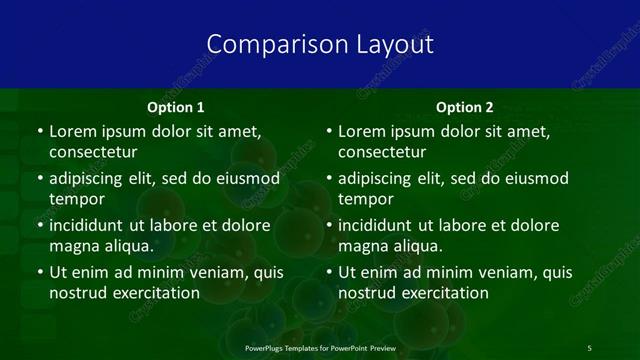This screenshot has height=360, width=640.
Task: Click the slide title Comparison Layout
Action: (x=320, y=45)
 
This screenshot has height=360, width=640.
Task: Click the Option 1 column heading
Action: (x=175, y=107)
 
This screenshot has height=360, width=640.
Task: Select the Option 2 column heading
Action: (x=465, y=107)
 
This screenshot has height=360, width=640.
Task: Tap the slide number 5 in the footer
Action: (x=589, y=347)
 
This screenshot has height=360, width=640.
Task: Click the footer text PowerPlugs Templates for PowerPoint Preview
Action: (x=320, y=347)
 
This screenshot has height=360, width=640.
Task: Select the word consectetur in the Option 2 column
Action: (x=383, y=153)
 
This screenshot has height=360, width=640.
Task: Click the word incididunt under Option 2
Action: (x=378, y=225)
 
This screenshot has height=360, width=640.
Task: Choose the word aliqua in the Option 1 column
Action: (x=125, y=246)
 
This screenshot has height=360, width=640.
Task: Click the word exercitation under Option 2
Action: (x=442, y=293)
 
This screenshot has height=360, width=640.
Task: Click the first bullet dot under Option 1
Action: (x=39, y=132)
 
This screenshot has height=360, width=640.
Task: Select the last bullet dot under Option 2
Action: (x=329, y=273)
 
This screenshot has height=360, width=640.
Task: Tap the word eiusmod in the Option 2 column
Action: (x=536, y=178)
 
